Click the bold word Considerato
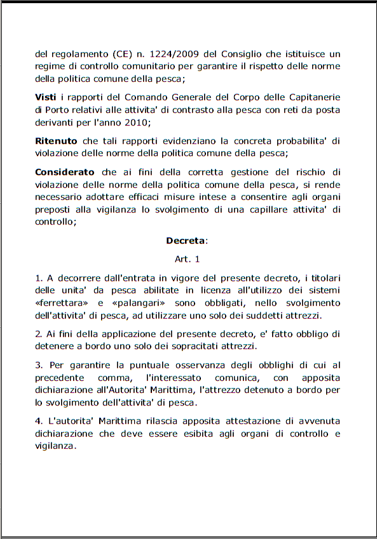64,171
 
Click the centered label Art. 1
188,259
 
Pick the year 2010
133,122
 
